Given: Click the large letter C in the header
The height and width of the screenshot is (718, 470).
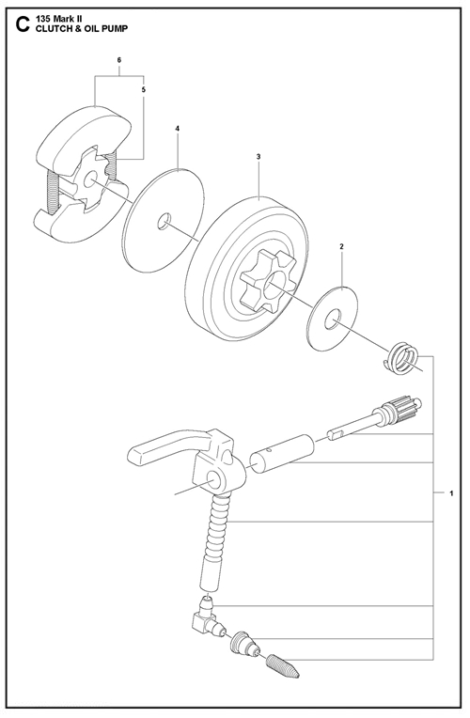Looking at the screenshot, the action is tap(22, 24).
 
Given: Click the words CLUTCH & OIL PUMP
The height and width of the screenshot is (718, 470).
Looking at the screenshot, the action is tap(78, 28).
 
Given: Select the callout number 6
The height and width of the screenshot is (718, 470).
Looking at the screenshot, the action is tap(119, 60).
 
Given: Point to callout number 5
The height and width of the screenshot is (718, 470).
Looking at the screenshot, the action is tap(144, 90).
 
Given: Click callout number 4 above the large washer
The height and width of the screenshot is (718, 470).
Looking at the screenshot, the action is tap(178, 129).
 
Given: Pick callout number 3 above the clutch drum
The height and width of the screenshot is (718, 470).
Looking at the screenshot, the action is tap(258, 157).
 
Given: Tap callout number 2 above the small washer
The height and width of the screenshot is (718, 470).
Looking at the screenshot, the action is tap(342, 247).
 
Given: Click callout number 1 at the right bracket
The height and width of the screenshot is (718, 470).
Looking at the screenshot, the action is tap(452, 493).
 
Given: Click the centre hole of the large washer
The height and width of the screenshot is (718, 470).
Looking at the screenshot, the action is tap(164, 221).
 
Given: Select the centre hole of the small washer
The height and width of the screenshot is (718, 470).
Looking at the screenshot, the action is tap(332, 320).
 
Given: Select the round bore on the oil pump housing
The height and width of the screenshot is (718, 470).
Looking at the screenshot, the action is tap(214, 479).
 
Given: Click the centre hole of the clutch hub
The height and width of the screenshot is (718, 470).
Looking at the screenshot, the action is tap(90, 179).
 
